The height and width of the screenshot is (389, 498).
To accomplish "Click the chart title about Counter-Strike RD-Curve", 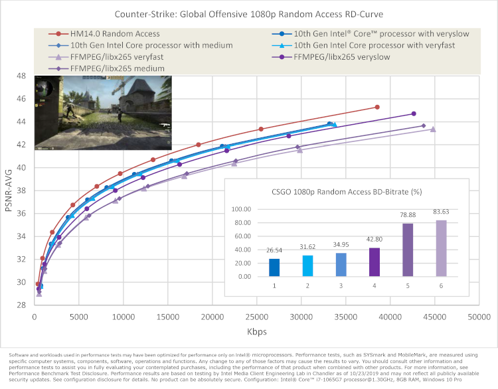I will point(249,13).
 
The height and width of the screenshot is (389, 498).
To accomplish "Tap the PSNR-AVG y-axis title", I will point(10,191).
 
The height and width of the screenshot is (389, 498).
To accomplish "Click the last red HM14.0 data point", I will point(377,107).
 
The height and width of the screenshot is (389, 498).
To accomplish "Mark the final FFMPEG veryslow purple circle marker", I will point(414,114).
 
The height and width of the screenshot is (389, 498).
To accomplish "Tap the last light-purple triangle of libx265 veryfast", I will point(433,129).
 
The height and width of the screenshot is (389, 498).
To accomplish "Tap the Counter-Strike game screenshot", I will point(102,114).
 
